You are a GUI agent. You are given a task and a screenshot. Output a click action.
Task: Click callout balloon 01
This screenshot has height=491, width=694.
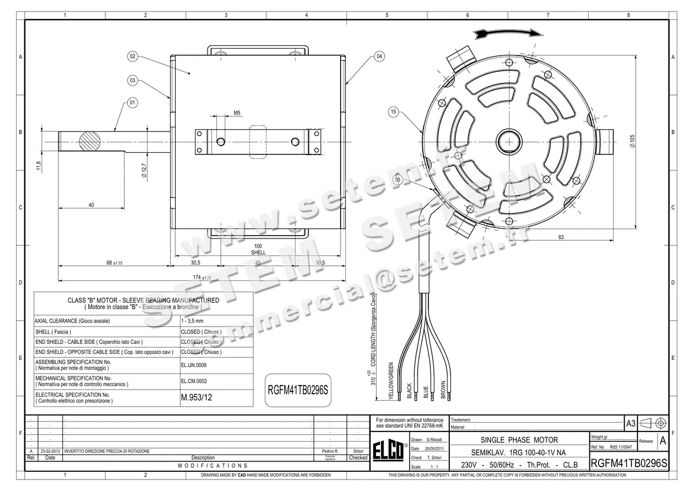132,102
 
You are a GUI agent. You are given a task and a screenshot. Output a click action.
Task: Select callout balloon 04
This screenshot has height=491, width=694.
379,57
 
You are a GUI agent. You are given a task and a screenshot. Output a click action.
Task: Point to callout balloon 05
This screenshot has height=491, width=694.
398,180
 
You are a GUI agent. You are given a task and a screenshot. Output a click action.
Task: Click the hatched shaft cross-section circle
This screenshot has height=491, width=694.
90,141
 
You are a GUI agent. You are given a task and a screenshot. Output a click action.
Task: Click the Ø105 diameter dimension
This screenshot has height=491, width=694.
633,141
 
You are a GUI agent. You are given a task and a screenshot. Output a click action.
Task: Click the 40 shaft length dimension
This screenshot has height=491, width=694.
91,205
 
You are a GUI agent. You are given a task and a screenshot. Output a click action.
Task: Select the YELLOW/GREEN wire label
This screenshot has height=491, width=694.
391,380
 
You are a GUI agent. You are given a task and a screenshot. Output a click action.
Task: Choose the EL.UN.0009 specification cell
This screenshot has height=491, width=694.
194,365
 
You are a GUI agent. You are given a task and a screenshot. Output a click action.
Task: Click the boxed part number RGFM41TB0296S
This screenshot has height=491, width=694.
297,389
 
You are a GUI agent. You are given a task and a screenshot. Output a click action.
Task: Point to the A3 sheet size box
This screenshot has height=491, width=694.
631,424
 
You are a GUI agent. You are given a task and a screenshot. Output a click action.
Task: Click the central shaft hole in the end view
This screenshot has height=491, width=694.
510,141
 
